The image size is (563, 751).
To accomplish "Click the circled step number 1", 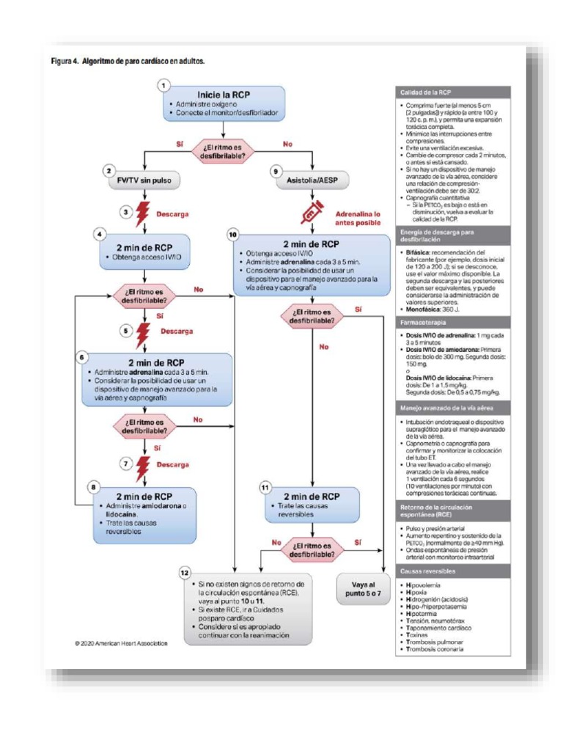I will click(x=163, y=85).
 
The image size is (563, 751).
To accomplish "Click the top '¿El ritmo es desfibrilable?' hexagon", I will click(x=224, y=149).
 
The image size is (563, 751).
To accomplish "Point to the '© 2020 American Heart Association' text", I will click(x=121, y=643).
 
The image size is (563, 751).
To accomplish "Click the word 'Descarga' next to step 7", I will click(x=173, y=464).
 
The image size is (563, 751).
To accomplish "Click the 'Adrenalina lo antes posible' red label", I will click(x=360, y=217).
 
